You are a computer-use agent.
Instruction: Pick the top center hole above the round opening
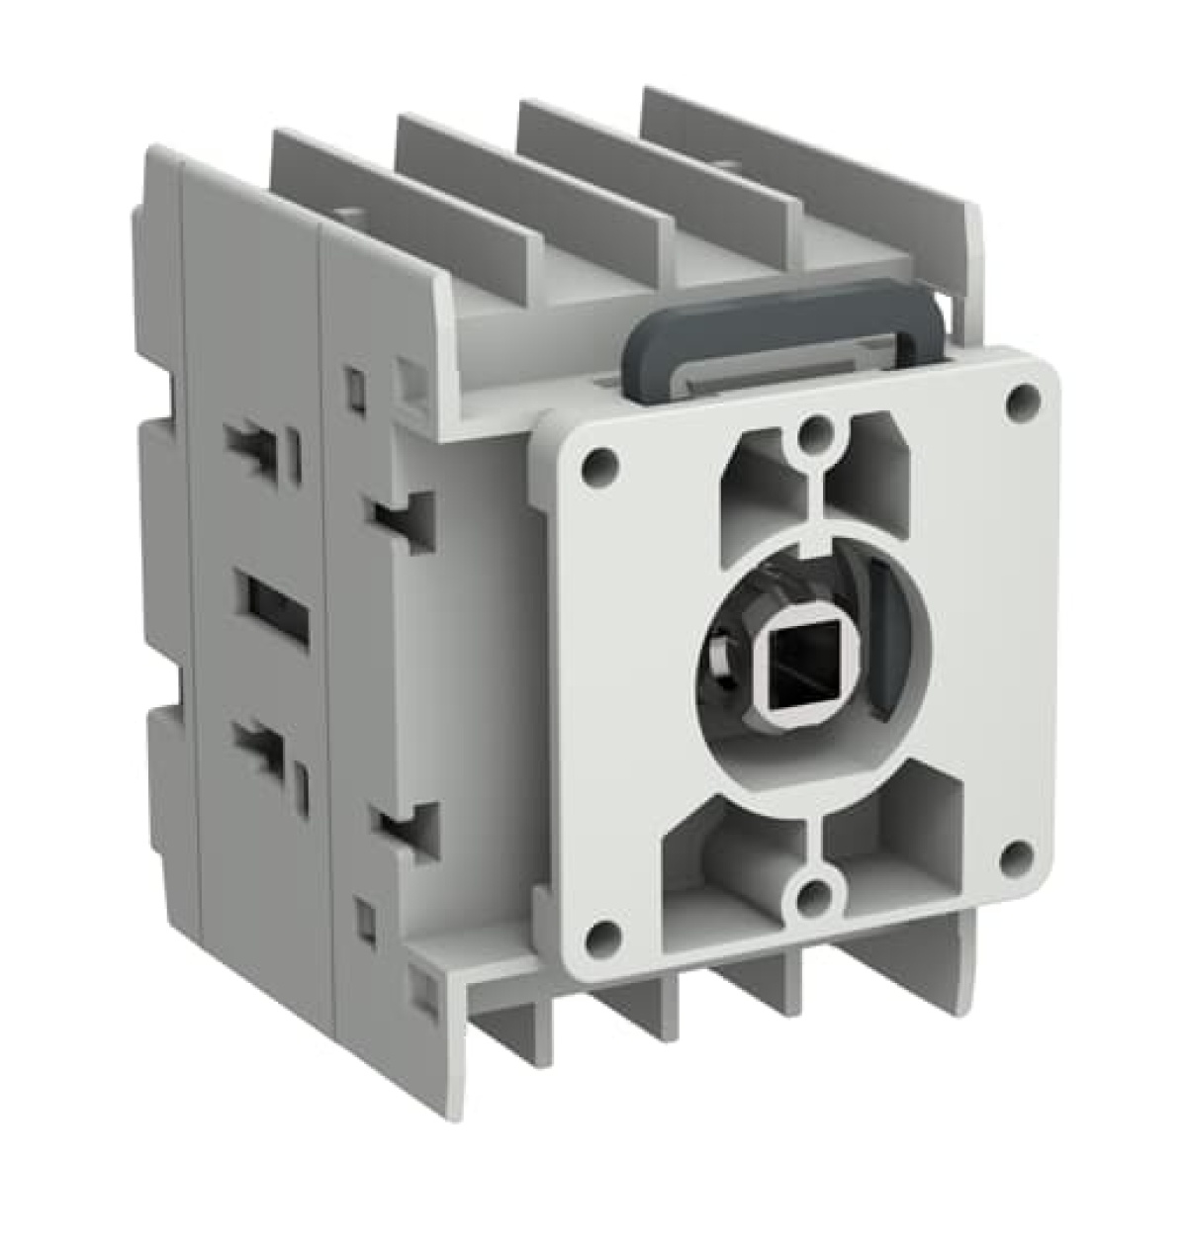813,430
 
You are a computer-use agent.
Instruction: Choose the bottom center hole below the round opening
813,895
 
